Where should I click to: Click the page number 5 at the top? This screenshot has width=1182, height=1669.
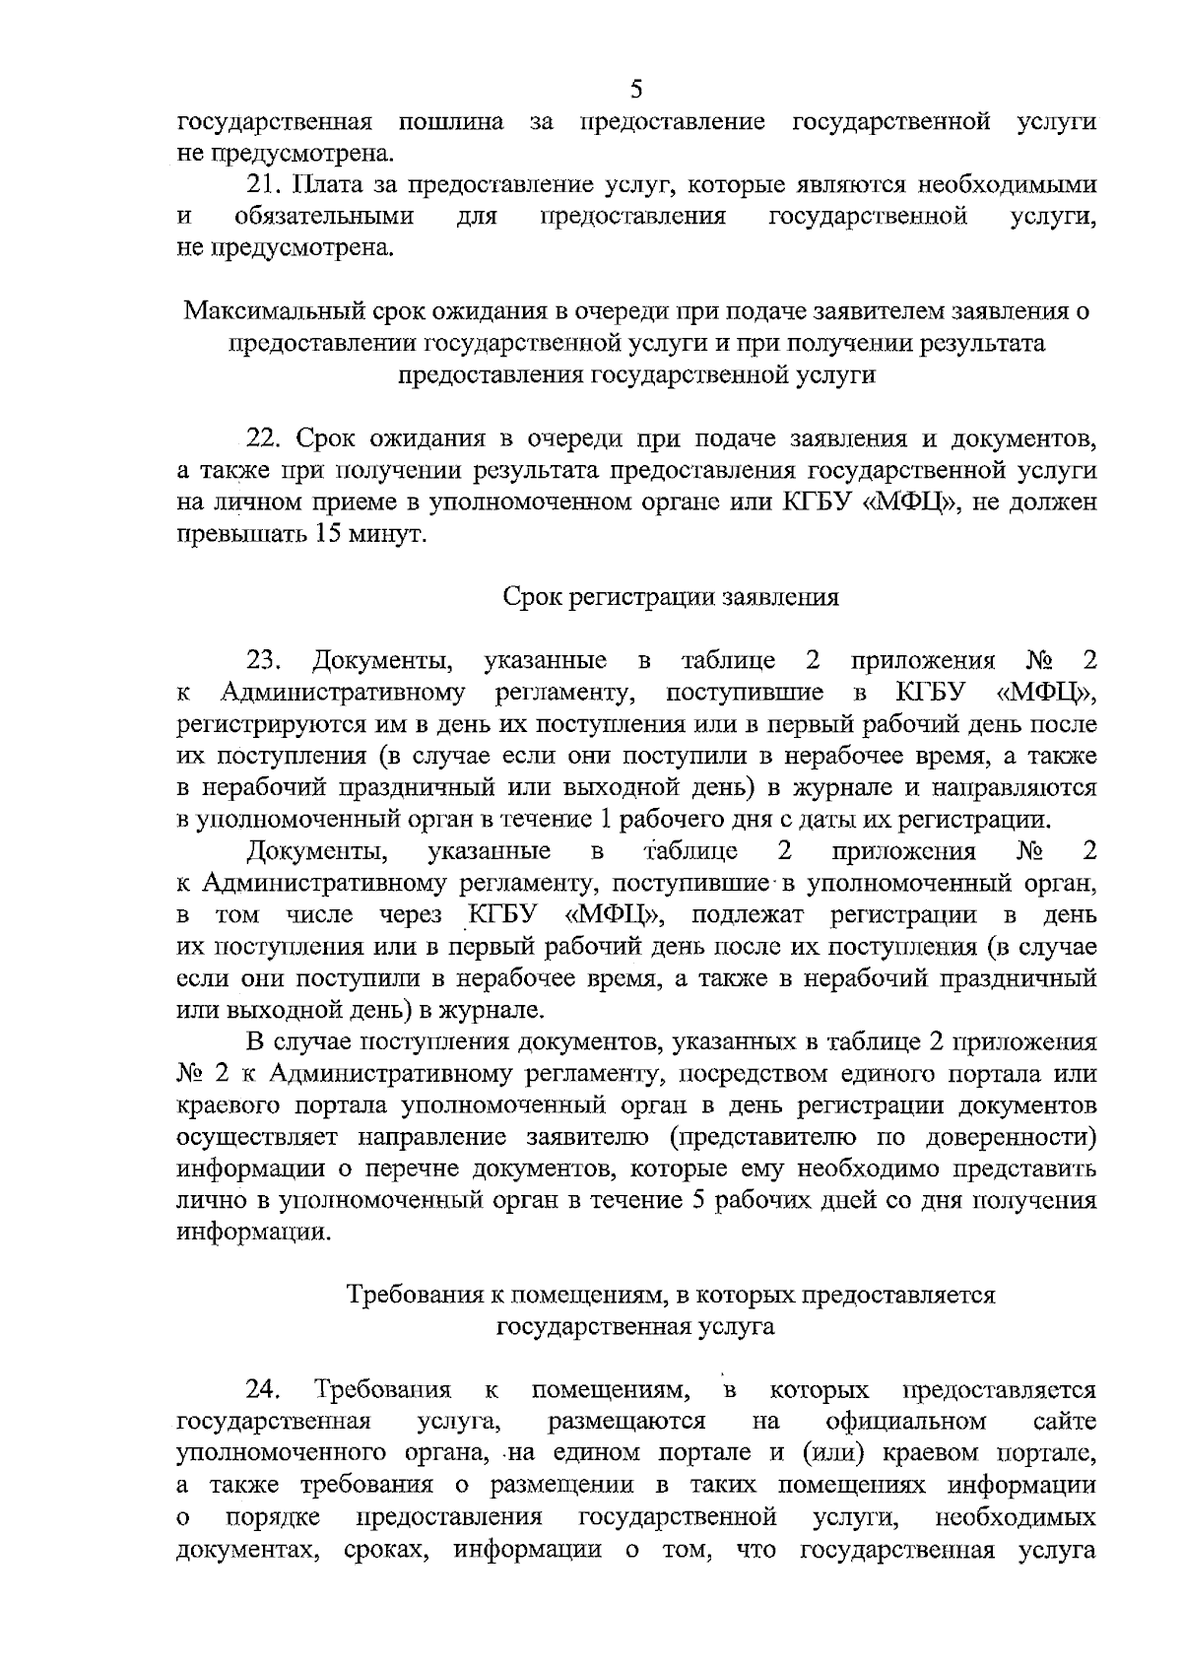pos(636,90)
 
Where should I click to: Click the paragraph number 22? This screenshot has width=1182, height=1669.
pos(264,439)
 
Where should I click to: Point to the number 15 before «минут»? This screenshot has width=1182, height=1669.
pos(333,535)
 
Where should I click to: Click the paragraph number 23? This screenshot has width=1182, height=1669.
pos(265,661)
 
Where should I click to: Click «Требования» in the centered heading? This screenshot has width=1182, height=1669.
pos(416,1295)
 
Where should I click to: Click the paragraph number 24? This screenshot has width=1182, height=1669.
pos(263,1390)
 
